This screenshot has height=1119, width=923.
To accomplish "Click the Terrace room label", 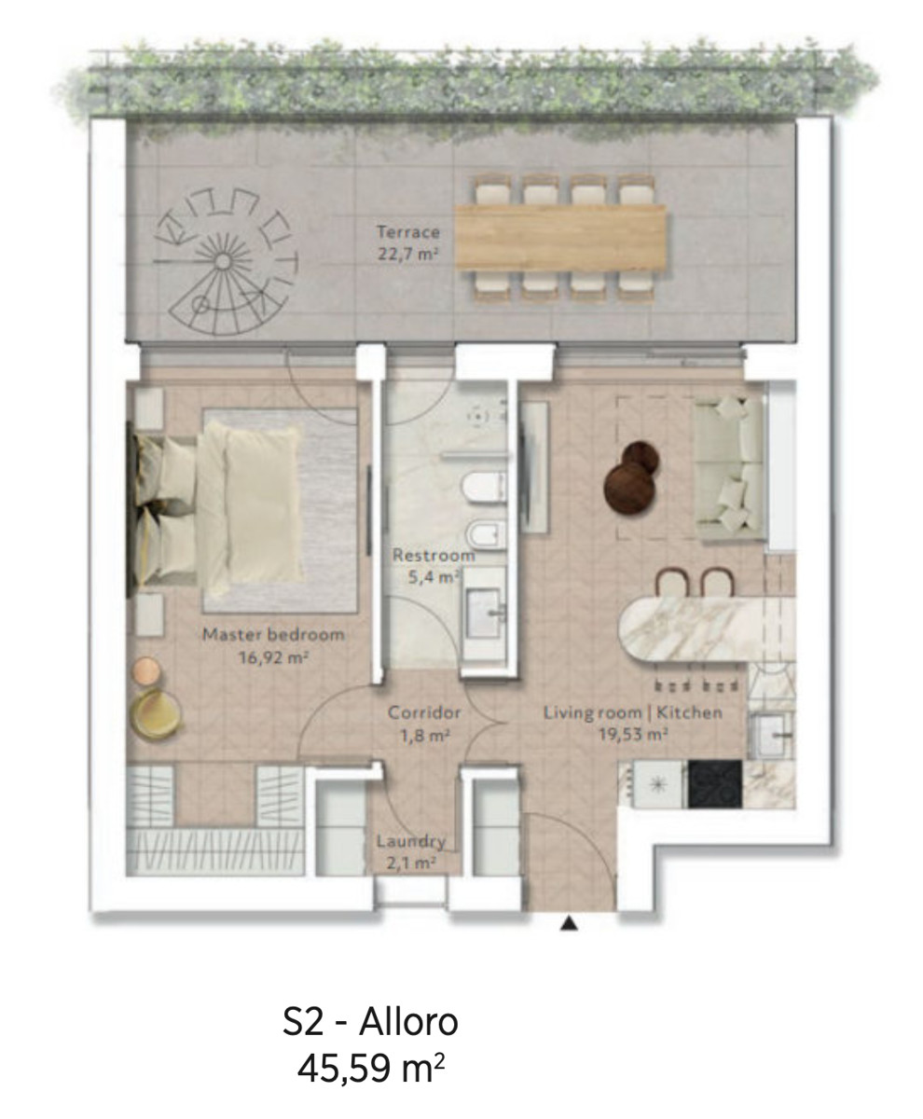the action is tap(408, 242).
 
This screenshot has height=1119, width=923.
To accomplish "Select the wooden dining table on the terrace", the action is tap(560, 237).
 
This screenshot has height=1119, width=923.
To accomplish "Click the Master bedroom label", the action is tap(273, 645).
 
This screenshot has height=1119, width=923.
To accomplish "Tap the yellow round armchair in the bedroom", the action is tap(156, 714).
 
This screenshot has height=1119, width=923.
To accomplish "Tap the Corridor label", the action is tap(424, 724).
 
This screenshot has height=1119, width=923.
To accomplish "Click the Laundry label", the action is tap(410, 851).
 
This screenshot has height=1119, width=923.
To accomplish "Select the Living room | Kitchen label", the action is tap(633, 723).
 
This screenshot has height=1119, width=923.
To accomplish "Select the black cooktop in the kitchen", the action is tap(715, 784).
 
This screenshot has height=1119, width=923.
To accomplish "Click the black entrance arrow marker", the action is tap(569, 923).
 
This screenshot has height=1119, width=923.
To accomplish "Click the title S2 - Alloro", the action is tap(370, 1022).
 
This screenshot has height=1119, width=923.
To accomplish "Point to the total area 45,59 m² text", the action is tap(370, 1069).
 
